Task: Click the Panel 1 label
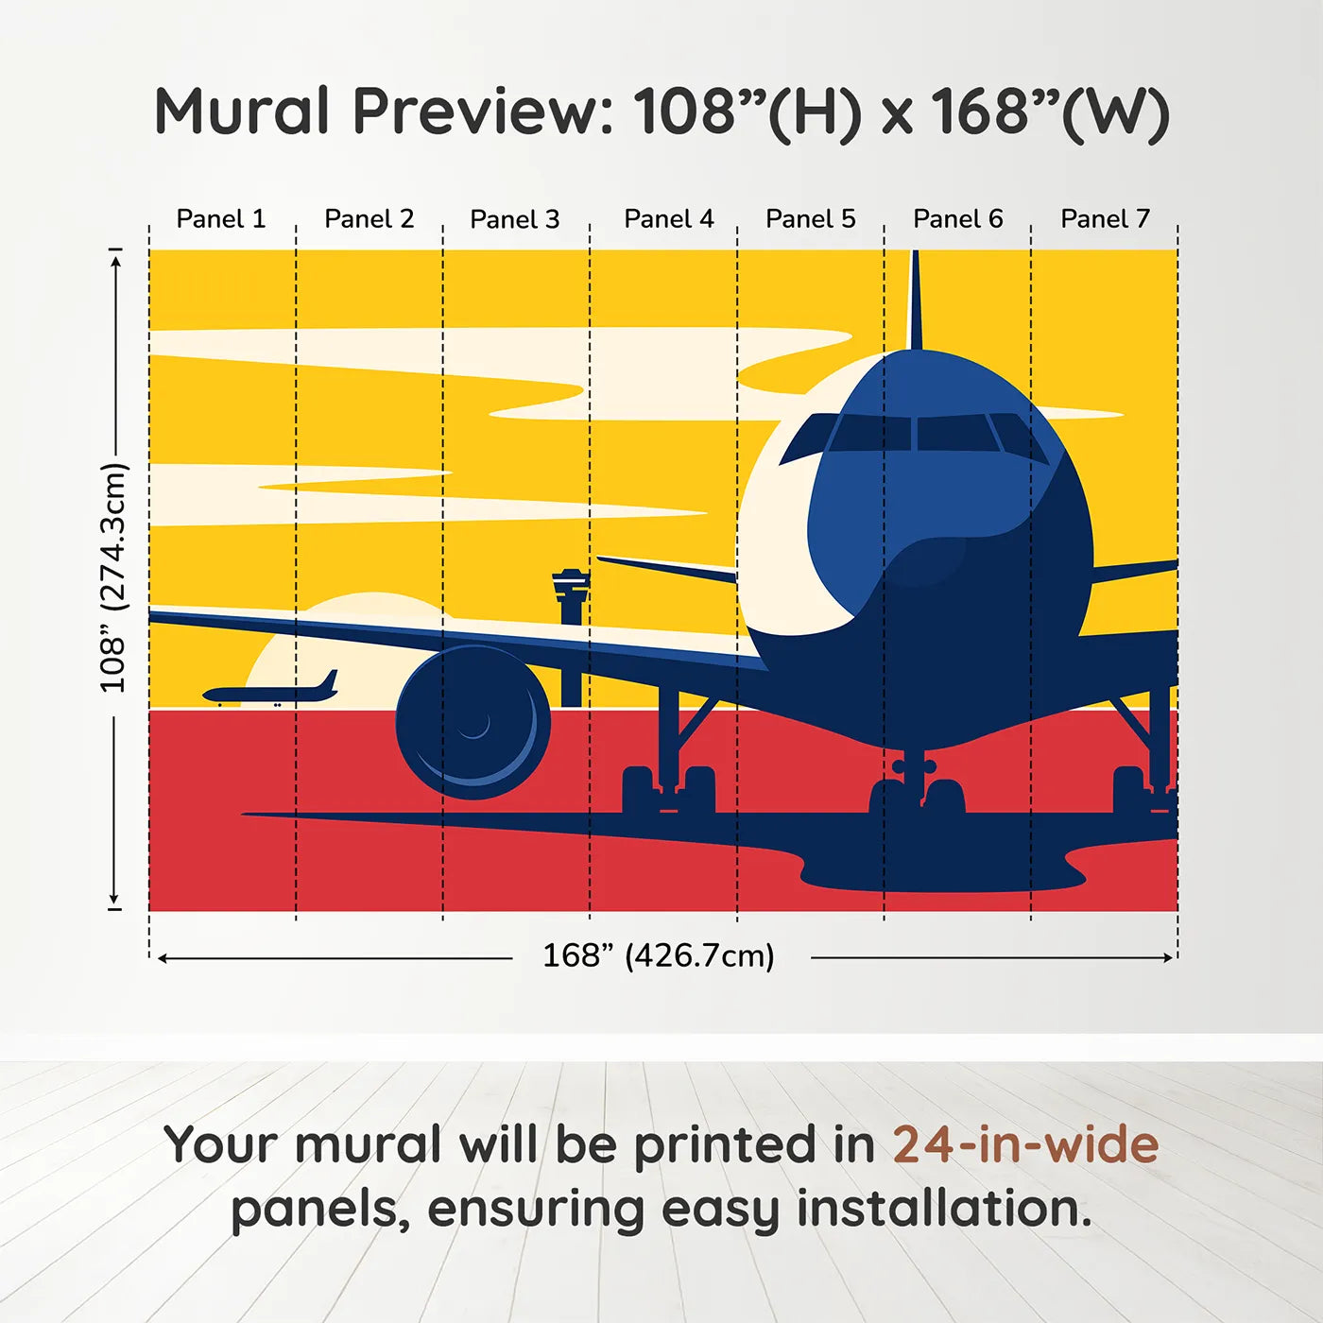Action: (x=221, y=219)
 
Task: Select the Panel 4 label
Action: (x=668, y=219)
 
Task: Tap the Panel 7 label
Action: (x=1105, y=219)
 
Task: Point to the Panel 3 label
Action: (x=515, y=219)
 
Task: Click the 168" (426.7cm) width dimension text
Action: (x=659, y=956)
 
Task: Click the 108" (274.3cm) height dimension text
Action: (x=112, y=577)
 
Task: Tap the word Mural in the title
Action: (x=242, y=112)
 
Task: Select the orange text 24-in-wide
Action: (x=1025, y=1144)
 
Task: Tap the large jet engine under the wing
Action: (x=472, y=723)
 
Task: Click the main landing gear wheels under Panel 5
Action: (x=668, y=789)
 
